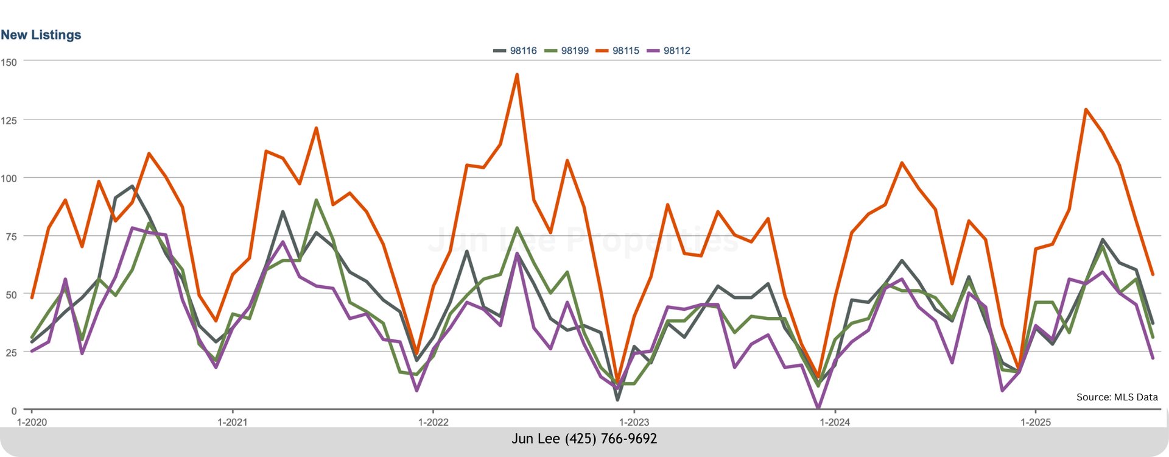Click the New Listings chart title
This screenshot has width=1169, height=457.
point(41,35)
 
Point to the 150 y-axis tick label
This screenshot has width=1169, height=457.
point(9,62)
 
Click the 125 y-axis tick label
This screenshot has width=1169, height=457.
point(9,121)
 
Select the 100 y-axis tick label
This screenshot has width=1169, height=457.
point(9,179)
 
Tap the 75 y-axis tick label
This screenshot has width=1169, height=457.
point(11,236)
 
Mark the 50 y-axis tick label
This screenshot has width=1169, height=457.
point(11,295)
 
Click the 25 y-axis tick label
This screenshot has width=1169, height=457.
point(11,353)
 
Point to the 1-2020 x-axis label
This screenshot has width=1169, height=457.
point(32,422)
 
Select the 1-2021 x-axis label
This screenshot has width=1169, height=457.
point(233,422)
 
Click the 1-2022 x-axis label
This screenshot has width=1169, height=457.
point(433,422)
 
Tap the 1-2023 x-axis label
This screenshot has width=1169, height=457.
point(634,422)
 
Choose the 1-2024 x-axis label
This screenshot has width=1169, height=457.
point(835,422)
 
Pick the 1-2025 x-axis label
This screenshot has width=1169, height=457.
point(1035,422)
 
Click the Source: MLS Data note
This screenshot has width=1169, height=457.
point(1117,397)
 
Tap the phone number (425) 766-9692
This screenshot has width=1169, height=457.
point(611,439)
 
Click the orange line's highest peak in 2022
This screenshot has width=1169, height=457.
point(517,75)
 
